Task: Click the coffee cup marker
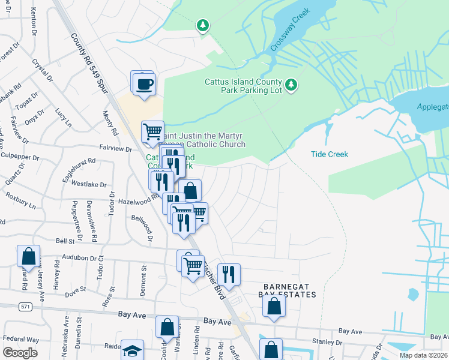[143, 83]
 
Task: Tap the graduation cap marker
[132, 350]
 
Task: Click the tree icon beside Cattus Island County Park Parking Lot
[291, 85]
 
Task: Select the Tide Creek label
[330, 154]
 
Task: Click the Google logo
[20, 352]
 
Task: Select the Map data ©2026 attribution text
[424, 355]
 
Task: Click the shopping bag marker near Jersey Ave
[28, 256]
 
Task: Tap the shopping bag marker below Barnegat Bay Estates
[273, 305]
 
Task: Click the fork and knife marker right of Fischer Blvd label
[228, 275]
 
